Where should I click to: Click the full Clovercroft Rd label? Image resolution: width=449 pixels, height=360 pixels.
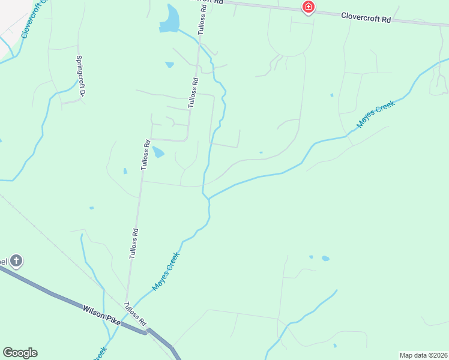(366, 19)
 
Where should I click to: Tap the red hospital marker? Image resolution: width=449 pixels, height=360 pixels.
(308, 7)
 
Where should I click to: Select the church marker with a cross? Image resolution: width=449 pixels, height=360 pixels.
(16, 261)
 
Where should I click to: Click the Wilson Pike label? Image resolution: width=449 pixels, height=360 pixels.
(101, 314)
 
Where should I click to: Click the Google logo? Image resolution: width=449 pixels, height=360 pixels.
(20, 353)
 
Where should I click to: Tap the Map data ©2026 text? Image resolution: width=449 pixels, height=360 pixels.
(423, 355)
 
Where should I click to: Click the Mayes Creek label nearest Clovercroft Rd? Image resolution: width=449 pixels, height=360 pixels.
(376, 115)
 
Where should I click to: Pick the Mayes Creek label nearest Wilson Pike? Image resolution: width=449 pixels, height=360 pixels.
(166, 271)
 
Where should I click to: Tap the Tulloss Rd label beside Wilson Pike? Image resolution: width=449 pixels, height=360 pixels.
(136, 314)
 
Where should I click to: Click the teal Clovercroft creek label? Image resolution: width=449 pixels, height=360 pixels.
(34, 22)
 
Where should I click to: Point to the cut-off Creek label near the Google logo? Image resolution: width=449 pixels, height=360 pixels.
(100, 354)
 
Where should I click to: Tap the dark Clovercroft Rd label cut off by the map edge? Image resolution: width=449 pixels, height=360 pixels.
(210, 2)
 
